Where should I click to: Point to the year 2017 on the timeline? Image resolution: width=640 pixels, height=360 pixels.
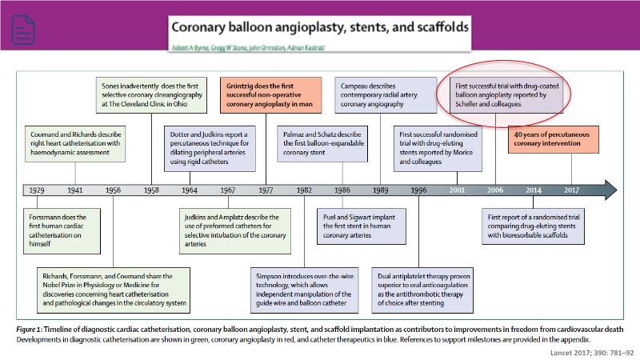pyautogui.click(x=571, y=190)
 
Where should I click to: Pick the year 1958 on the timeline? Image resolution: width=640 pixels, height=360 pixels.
pyautogui.click(x=151, y=190)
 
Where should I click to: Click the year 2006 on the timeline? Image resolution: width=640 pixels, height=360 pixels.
pyautogui.click(x=495, y=190)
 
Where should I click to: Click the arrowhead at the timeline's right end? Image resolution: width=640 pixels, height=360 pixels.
pyautogui.click(x=610, y=190)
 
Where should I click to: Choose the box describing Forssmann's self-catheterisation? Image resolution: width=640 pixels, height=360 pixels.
pyautogui.click(x=62, y=227)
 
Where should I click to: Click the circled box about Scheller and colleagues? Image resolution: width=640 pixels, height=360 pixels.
pyautogui.click(x=496, y=93)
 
